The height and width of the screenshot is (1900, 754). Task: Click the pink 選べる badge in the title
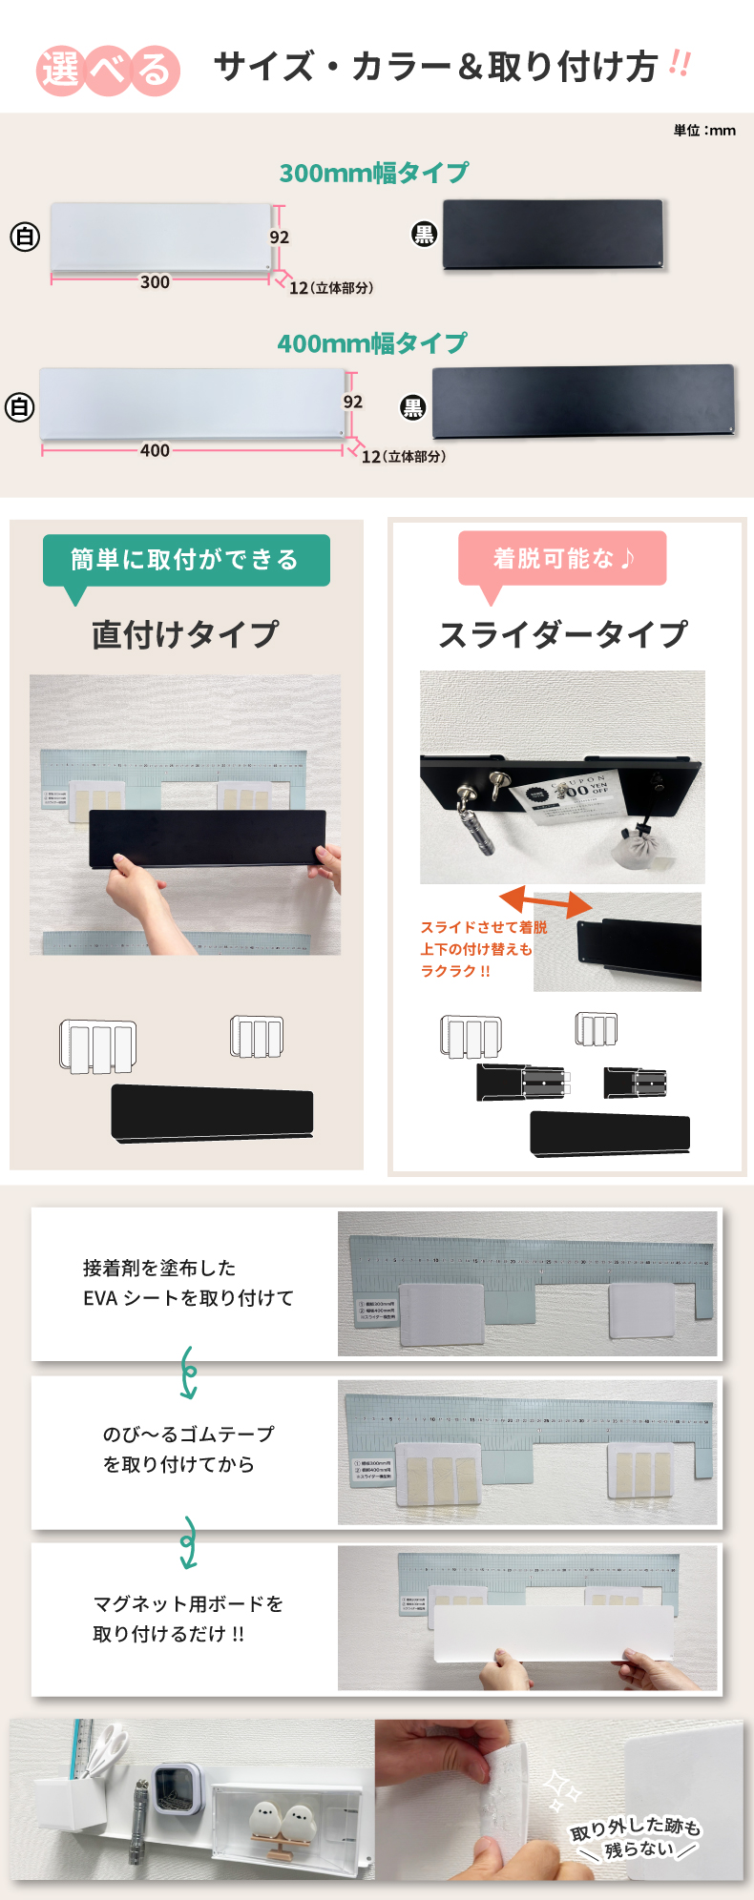(x=108, y=70)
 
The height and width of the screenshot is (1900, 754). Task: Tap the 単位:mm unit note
(x=704, y=131)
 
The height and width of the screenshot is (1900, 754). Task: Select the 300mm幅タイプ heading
(x=374, y=173)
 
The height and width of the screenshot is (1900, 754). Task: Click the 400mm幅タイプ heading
(x=372, y=343)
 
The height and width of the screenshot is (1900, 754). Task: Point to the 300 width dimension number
(x=155, y=282)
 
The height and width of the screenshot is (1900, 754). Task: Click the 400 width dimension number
(x=155, y=451)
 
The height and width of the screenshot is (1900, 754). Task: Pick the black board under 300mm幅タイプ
(x=553, y=235)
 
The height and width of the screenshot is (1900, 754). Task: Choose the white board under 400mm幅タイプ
(x=191, y=403)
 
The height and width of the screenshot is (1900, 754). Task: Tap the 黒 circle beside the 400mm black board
(x=412, y=408)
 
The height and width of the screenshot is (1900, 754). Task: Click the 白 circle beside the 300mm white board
(x=25, y=237)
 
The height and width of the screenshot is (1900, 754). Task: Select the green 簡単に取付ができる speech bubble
(x=186, y=560)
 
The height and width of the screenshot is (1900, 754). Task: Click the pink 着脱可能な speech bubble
(x=562, y=558)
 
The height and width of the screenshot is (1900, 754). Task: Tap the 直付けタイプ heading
(x=186, y=634)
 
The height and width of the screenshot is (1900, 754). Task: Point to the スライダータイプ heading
(x=563, y=634)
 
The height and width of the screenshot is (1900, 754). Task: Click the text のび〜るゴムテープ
(x=188, y=1435)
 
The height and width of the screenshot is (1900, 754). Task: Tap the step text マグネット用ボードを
(x=188, y=1604)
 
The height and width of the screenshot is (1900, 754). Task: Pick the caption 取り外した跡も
(x=636, y=1827)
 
